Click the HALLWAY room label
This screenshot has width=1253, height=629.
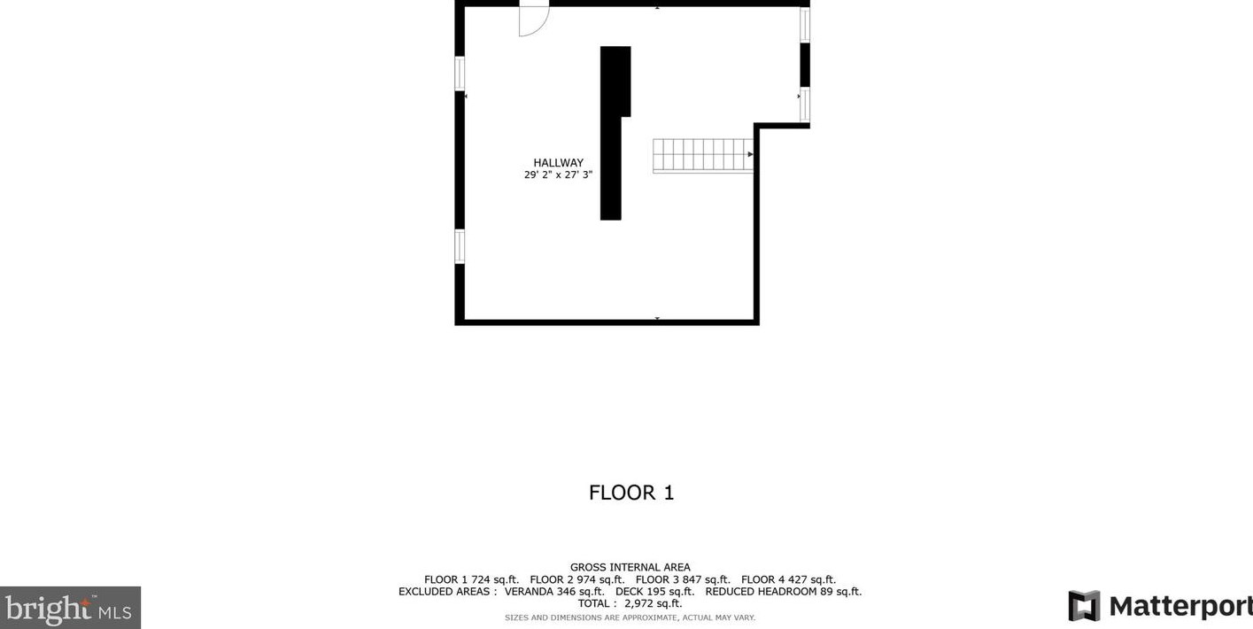tap(558, 163)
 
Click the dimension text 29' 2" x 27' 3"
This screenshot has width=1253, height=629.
tap(558, 175)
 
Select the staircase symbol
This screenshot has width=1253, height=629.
tap(702, 155)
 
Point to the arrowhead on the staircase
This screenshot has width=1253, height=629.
tap(750, 154)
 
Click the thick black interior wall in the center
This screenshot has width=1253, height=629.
tap(611, 133)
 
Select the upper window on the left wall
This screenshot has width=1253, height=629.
tap(460, 73)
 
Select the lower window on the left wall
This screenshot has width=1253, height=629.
tap(460, 245)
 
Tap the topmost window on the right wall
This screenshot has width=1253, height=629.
tap(805, 24)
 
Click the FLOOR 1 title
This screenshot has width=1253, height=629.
tap(631, 493)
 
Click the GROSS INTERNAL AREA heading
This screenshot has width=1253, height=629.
tap(630, 567)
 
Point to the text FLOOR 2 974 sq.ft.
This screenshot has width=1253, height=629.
tap(577, 579)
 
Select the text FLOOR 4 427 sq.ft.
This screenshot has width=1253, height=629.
tap(788, 579)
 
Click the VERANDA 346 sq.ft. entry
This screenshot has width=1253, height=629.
tap(554, 592)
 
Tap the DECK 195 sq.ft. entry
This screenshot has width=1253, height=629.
tap(654, 592)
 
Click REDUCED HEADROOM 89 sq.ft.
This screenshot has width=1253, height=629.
tap(783, 592)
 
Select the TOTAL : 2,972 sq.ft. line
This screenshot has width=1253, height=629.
tap(630, 603)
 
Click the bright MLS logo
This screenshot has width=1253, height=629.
tap(69, 609)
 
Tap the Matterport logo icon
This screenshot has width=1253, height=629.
tap(1084, 606)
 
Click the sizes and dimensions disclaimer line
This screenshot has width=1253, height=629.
tap(630, 617)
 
